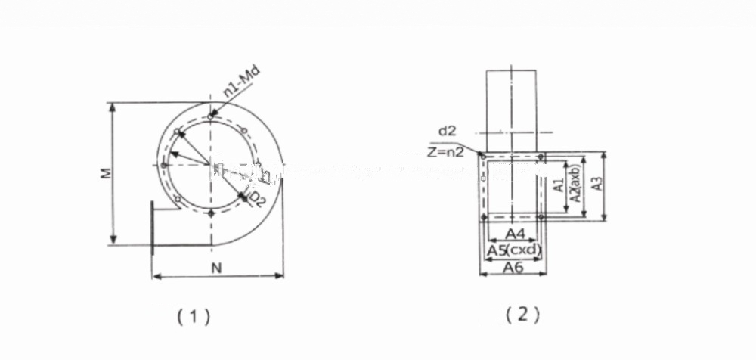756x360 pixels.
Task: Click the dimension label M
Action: (x=108, y=173)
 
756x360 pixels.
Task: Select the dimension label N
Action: (x=217, y=267)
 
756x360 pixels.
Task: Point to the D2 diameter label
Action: (x=257, y=199)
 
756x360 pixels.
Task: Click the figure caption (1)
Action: (x=193, y=316)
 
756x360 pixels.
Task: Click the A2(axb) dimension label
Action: (x=575, y=184)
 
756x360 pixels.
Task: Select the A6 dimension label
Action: (x=513, y=266)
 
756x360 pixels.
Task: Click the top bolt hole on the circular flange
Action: (x=211, y=116)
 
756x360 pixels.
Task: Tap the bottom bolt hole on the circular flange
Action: (x=211, y=214)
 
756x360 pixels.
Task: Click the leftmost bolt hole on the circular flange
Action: (x=163, y=165)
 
